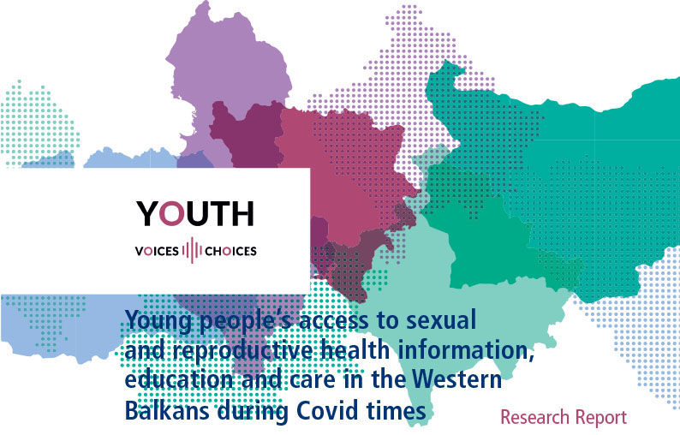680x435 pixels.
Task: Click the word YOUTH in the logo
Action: click(195, 213)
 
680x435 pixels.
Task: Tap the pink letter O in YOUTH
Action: click(172, 213)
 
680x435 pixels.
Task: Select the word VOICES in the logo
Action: click(157, 251)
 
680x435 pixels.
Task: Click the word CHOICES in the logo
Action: click(230, 251)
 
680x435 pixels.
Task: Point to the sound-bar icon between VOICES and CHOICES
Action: click(192, 250)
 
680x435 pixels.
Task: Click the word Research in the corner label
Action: click(534, 417)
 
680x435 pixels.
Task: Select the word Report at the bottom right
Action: click(600, 418)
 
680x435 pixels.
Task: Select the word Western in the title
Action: click(456, 379)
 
